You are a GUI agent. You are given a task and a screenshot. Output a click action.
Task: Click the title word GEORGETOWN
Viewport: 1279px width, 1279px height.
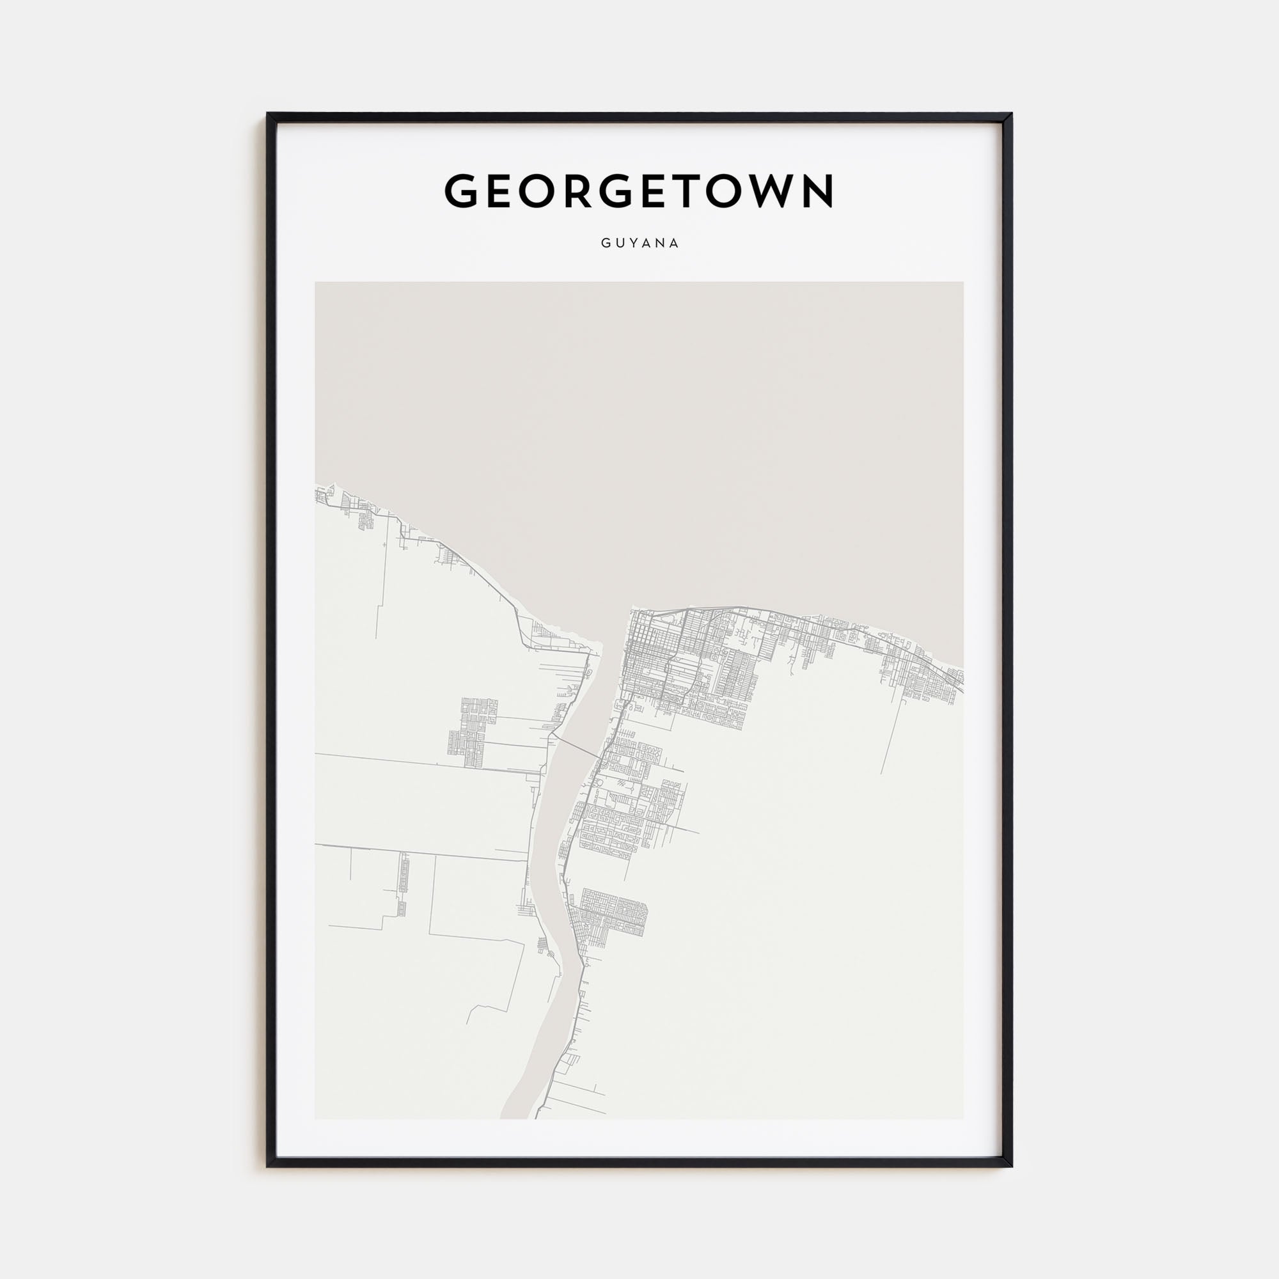click(639, 191)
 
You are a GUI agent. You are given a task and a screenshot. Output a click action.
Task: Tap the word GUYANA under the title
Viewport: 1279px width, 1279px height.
click(639, 243)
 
